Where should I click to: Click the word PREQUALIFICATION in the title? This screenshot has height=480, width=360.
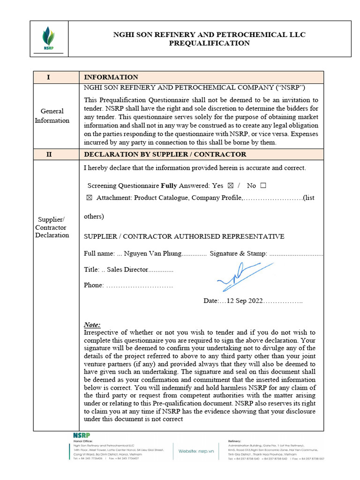[x=209, y=44]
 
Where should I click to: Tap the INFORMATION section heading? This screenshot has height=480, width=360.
[x=111, y=77]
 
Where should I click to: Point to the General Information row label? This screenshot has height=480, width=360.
[x=52, y=116]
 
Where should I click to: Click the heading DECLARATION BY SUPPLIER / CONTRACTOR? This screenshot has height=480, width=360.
[x=165, y=154]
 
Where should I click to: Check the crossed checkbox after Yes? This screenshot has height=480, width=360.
[x=230, y=186]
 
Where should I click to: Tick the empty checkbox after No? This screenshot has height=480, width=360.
[x=262, y=186]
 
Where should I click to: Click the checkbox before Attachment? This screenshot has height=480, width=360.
[x=90, y=198]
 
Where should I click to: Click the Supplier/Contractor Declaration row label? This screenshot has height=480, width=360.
[x=52, y=227]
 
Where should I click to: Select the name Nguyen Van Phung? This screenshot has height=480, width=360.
[x=152, y=254]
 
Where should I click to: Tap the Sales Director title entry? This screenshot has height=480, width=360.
[x=127, y=270]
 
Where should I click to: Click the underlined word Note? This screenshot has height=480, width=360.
[x=92, y=325]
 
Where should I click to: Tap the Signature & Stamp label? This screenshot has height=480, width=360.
[x=238, y=254]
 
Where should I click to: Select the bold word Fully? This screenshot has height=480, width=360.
[x=169, y=186]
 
